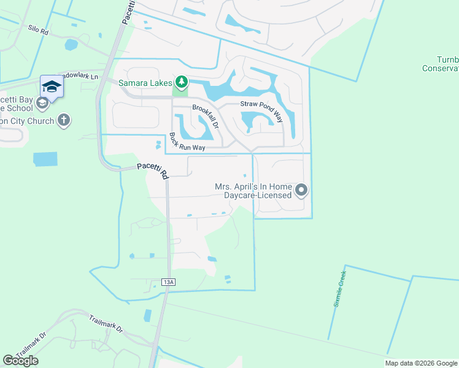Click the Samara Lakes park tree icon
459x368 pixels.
click(181, 82)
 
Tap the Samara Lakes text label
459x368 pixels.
click(144, 82)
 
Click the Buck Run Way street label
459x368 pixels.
click(187, 142)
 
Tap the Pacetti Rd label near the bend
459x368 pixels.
click(152, 170)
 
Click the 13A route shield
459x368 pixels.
click(169, 282)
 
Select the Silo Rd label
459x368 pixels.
click(38, 29)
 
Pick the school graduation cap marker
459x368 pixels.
click(52, 86)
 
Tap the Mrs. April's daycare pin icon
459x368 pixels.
click(301, 191)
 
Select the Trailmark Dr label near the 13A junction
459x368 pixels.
click(106, 324)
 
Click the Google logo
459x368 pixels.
click(21, 361)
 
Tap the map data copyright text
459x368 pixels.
click(421, 363)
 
